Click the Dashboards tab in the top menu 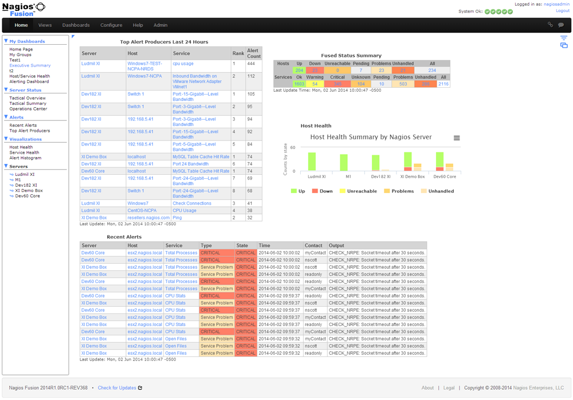76,25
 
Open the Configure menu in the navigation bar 111,25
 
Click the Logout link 562,11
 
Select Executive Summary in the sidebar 30,65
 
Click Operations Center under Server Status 28,109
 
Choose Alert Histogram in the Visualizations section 25,158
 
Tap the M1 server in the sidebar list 18,180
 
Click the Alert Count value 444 251,64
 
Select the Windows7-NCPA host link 144,76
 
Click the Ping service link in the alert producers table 177,218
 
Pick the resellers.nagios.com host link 148,218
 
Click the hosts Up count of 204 299,70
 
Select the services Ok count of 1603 299,84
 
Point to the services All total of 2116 444,84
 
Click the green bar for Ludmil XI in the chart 312,161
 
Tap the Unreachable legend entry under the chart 358,191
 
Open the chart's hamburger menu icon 457,138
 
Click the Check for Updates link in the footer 117,388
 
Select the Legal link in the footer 449,388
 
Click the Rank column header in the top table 238,53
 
